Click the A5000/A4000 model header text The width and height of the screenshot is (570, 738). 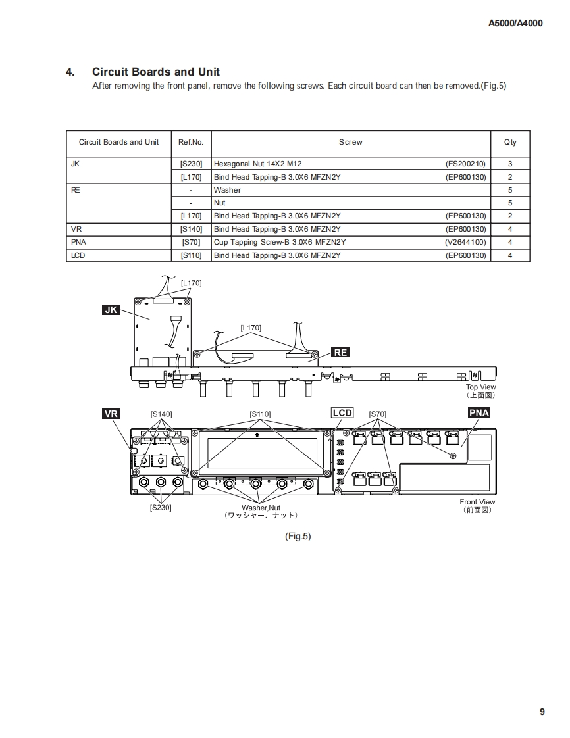[x=515, y=23]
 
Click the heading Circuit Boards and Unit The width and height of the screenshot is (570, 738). [x=156, y=72]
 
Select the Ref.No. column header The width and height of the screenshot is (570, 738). [x=191, y=142]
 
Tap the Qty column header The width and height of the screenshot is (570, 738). [x=510, y=142]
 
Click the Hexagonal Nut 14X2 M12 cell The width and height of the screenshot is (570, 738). [x=258, y=164]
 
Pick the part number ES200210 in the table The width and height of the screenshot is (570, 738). [x=465, y=164]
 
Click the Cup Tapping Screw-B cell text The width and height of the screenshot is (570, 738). [x=280, y=242]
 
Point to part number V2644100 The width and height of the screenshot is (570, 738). [x=465, y=242]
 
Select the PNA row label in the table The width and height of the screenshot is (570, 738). [x=78, y=242]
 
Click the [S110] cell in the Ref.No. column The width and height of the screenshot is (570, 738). [x=191, y=255]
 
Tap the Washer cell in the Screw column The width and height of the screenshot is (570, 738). [x=227, y=190]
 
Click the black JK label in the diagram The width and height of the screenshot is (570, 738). [x=111, y=309]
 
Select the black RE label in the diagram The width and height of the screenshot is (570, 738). [x=340, y=352]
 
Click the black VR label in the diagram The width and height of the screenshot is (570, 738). [x=111, y=413]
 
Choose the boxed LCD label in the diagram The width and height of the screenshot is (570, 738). [x=342, y=413]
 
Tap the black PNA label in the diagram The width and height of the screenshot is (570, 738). [x=479, y=413]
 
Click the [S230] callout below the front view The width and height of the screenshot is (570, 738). [x=161, y=508]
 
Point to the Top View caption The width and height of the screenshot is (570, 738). [x=480, y=387]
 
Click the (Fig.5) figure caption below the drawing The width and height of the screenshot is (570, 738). [x=298, y=536]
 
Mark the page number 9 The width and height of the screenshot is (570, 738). [x=542, y=712]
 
